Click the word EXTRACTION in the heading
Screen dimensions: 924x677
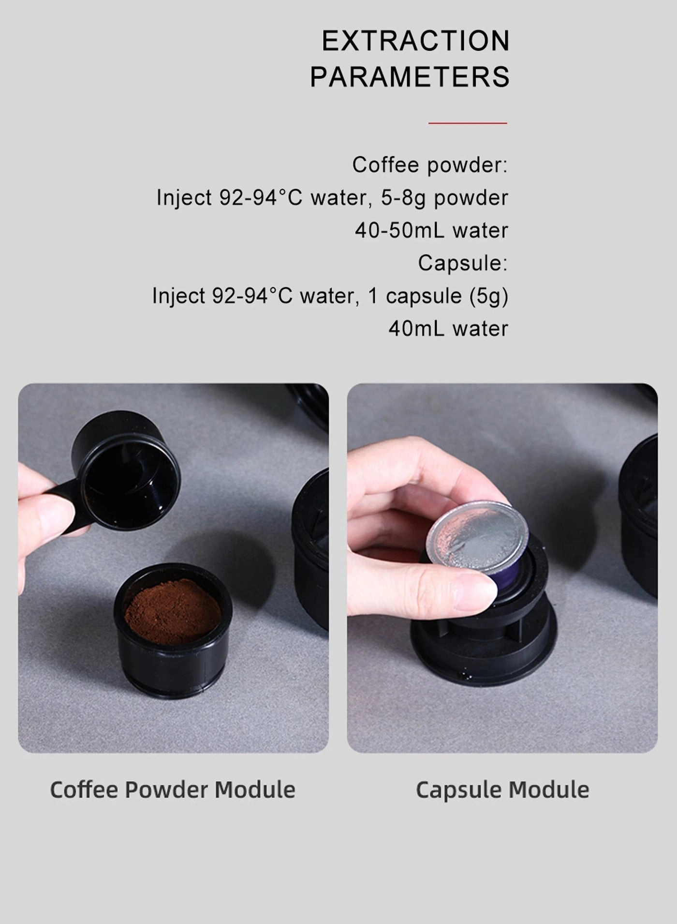415,41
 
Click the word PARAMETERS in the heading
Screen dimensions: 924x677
410,77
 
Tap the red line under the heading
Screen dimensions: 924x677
468,123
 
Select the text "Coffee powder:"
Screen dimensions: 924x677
430,165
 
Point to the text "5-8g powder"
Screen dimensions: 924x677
444,198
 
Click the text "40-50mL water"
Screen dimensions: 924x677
431,230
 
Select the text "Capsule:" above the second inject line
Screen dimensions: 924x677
463,263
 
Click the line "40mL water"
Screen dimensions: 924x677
448,329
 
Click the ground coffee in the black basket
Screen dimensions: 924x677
173,609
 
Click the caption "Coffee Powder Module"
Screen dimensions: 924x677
173,790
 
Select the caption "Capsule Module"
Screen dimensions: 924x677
502,790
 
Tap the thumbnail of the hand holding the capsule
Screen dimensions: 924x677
502,568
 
